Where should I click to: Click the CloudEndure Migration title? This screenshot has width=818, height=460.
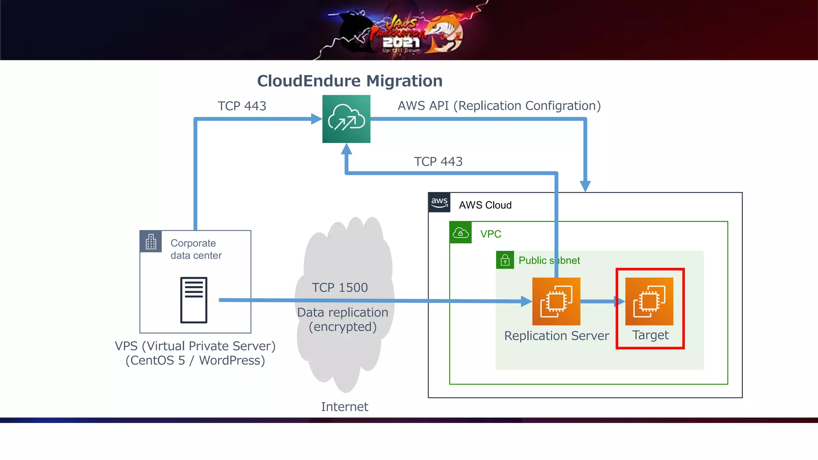349,81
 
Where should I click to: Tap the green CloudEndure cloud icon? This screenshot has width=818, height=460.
346,119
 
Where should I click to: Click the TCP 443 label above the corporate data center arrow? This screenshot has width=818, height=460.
242,106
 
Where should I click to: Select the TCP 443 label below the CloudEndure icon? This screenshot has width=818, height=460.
438,161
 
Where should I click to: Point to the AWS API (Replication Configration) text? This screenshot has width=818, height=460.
499,106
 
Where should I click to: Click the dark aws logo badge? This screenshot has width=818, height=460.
439,202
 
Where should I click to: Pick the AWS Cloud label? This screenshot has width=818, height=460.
485,205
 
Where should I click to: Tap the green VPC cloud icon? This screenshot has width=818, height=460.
461,233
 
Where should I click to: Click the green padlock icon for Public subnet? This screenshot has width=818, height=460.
505,260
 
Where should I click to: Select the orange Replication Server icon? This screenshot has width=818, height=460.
556,301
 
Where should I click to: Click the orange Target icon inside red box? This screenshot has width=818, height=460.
649,301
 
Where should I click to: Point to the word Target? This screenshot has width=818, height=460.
650,335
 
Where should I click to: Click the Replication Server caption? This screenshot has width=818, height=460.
556,336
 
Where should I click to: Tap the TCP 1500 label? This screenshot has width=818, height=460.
340,287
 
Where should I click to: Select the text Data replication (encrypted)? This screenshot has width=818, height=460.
342,319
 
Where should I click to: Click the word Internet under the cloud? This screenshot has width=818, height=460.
344,406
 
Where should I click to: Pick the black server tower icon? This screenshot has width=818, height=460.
194,300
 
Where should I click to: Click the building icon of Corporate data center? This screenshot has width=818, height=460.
151,242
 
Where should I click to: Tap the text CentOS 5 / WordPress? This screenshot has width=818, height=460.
195,361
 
